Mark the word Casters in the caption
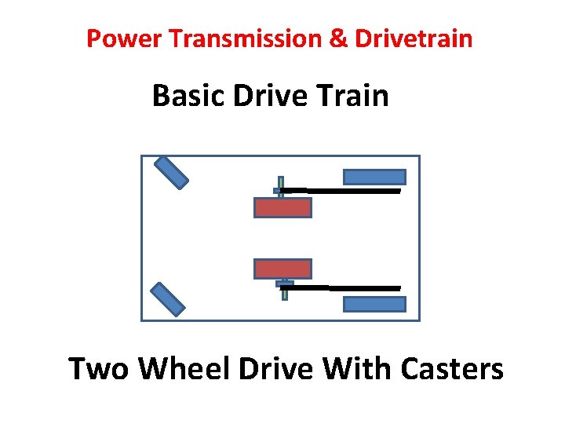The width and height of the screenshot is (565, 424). click(x=451, y=368)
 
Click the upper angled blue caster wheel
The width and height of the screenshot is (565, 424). click(x=171, y=173)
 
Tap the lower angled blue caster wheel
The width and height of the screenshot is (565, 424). click(x=167, y=299)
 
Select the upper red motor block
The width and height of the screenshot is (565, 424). click(x=282, y=207)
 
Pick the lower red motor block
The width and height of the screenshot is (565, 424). click(x=282, y=269)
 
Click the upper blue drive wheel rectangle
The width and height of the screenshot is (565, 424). click(x=374, y=177)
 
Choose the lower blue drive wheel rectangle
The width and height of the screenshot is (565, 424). click(x=374, y=304)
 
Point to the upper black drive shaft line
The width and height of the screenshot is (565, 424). click(x=353, y=190)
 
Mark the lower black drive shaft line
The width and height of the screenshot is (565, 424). click(x=353, y=288)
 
